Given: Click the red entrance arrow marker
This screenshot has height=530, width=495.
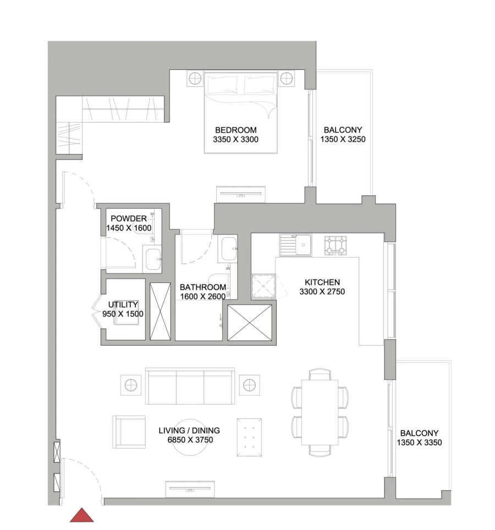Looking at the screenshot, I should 81,515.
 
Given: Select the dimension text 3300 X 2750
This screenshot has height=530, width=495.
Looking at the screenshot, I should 322,292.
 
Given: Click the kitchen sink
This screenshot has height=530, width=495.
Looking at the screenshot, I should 295,245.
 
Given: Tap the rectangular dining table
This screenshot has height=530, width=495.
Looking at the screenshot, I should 320,412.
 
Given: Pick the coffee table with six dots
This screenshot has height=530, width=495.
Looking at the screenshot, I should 249,437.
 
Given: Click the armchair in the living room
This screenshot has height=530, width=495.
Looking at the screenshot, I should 129,431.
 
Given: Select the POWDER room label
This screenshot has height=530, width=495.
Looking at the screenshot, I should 129,218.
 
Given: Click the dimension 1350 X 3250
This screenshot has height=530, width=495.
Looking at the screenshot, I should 343,139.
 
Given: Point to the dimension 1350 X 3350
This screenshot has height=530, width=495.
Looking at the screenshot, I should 419,442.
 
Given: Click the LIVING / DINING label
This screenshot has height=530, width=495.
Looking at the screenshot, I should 189,430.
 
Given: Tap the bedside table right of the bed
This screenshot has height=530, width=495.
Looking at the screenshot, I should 286,79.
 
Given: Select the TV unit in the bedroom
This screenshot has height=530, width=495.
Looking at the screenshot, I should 241,194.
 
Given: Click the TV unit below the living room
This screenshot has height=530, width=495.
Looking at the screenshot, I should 190,488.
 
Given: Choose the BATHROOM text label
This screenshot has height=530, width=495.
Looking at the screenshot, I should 203,287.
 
